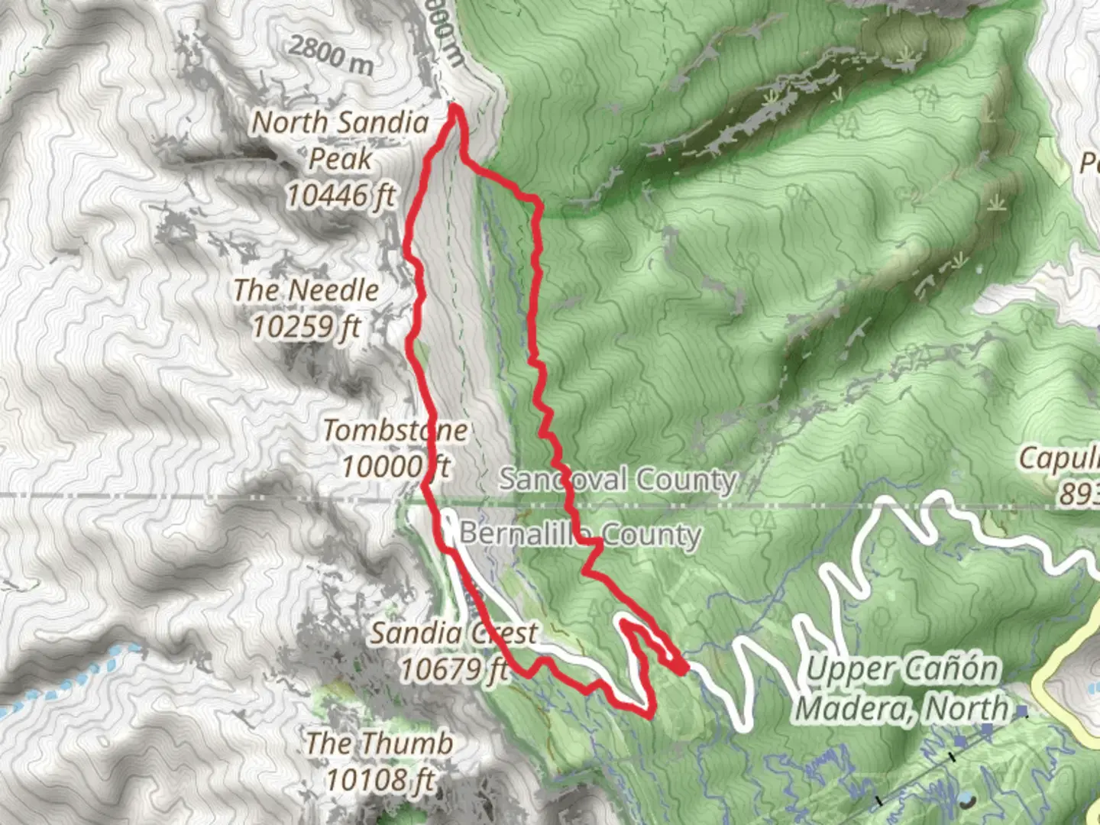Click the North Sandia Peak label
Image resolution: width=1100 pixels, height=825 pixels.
(340, 141)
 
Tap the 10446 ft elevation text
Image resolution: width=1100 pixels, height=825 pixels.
(340, 196)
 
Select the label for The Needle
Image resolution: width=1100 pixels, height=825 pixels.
(306, 290)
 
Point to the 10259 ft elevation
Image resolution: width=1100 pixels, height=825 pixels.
(306, 327)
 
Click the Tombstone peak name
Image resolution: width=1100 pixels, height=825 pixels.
(395, 430)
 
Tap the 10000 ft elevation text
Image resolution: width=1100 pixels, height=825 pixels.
(395, 466)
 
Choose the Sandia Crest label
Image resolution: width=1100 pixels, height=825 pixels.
(454, 632)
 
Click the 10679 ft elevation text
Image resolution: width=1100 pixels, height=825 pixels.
(454, 670)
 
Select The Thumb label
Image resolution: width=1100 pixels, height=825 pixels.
(379, 742)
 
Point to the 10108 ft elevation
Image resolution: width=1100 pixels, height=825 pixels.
(380, 780)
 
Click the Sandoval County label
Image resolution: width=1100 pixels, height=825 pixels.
(617, 480)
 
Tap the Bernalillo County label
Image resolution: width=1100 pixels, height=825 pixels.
(580, 533)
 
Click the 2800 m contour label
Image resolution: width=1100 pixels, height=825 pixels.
(331, 54)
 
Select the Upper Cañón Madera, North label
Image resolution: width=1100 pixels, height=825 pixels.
(902, 689)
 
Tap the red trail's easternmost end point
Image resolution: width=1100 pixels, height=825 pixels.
(685, 668)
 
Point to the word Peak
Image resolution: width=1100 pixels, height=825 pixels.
(340, 159)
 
